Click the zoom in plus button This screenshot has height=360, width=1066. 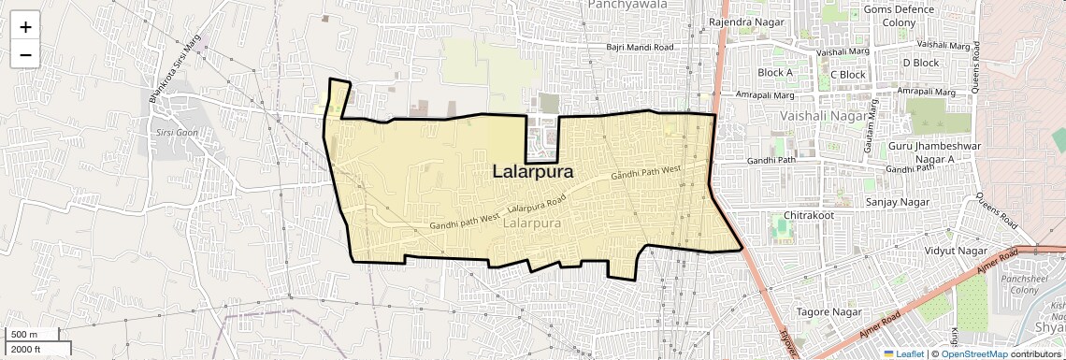[25, 26]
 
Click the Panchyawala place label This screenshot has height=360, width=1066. [626, 5]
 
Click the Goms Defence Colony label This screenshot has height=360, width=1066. [899, 16]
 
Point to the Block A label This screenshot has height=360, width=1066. [775, 73]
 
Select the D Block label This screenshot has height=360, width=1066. [920, 63]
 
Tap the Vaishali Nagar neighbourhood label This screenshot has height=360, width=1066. [823, 115]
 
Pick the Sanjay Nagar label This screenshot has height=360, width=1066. [897, 201]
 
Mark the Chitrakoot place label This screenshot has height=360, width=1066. [808, 214]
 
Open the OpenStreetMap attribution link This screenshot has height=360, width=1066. [973, 353]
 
